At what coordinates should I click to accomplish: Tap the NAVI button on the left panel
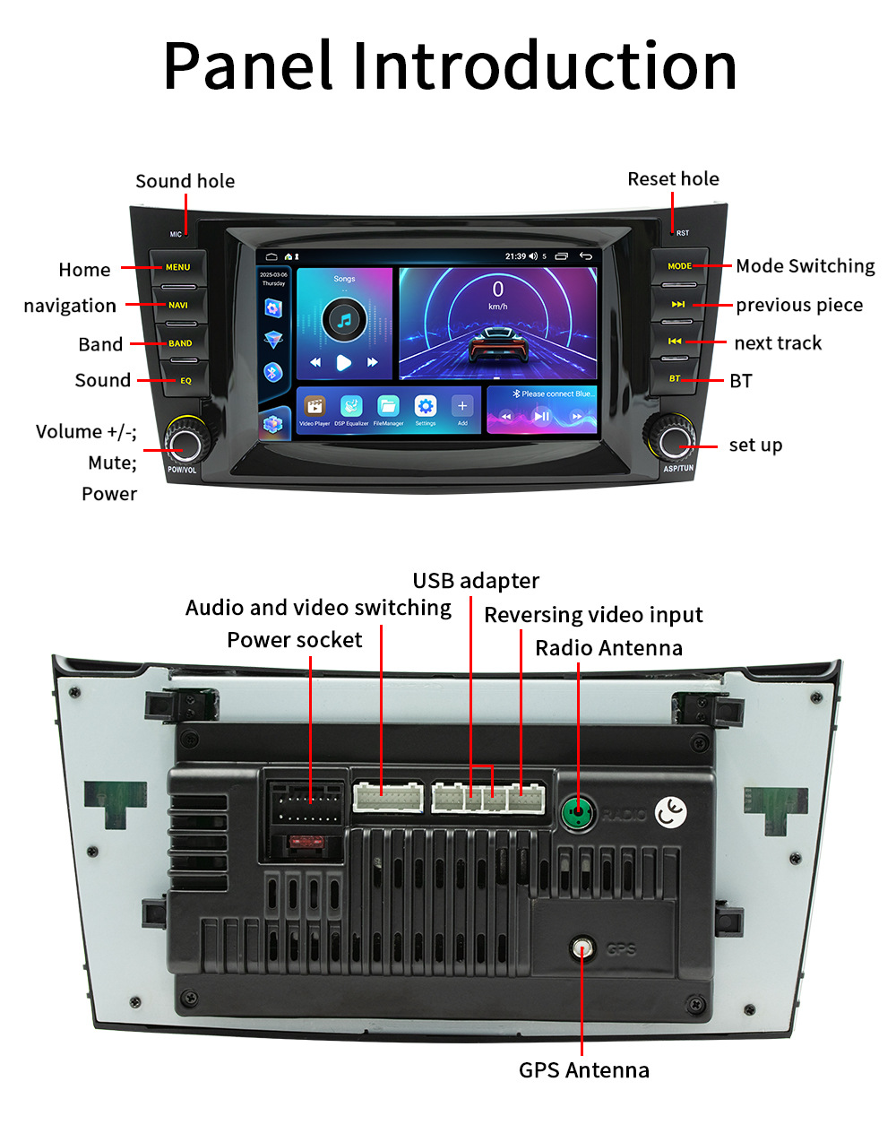pos(178,306)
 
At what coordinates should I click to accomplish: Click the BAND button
pos(180,343)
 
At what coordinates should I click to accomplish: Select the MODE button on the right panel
pos(679,266)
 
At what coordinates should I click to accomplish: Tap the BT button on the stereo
pos(675,378)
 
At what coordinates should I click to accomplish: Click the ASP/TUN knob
pos(672,440)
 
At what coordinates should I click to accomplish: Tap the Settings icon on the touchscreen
pos(426,407)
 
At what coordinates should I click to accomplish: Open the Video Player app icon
pos(314,407)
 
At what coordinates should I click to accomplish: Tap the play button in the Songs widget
pos(343,362)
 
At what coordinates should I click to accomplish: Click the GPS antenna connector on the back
pos(583,947)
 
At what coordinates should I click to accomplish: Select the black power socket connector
pos(305,804)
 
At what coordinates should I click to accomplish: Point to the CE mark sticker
pos(670,812)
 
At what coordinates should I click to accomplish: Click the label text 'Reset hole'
pos(673,179)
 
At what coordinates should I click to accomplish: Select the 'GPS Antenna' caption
pos(583,1070)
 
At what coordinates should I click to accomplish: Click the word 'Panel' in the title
pos(248,67)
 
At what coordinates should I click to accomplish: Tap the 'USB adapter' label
pos(476,581)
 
